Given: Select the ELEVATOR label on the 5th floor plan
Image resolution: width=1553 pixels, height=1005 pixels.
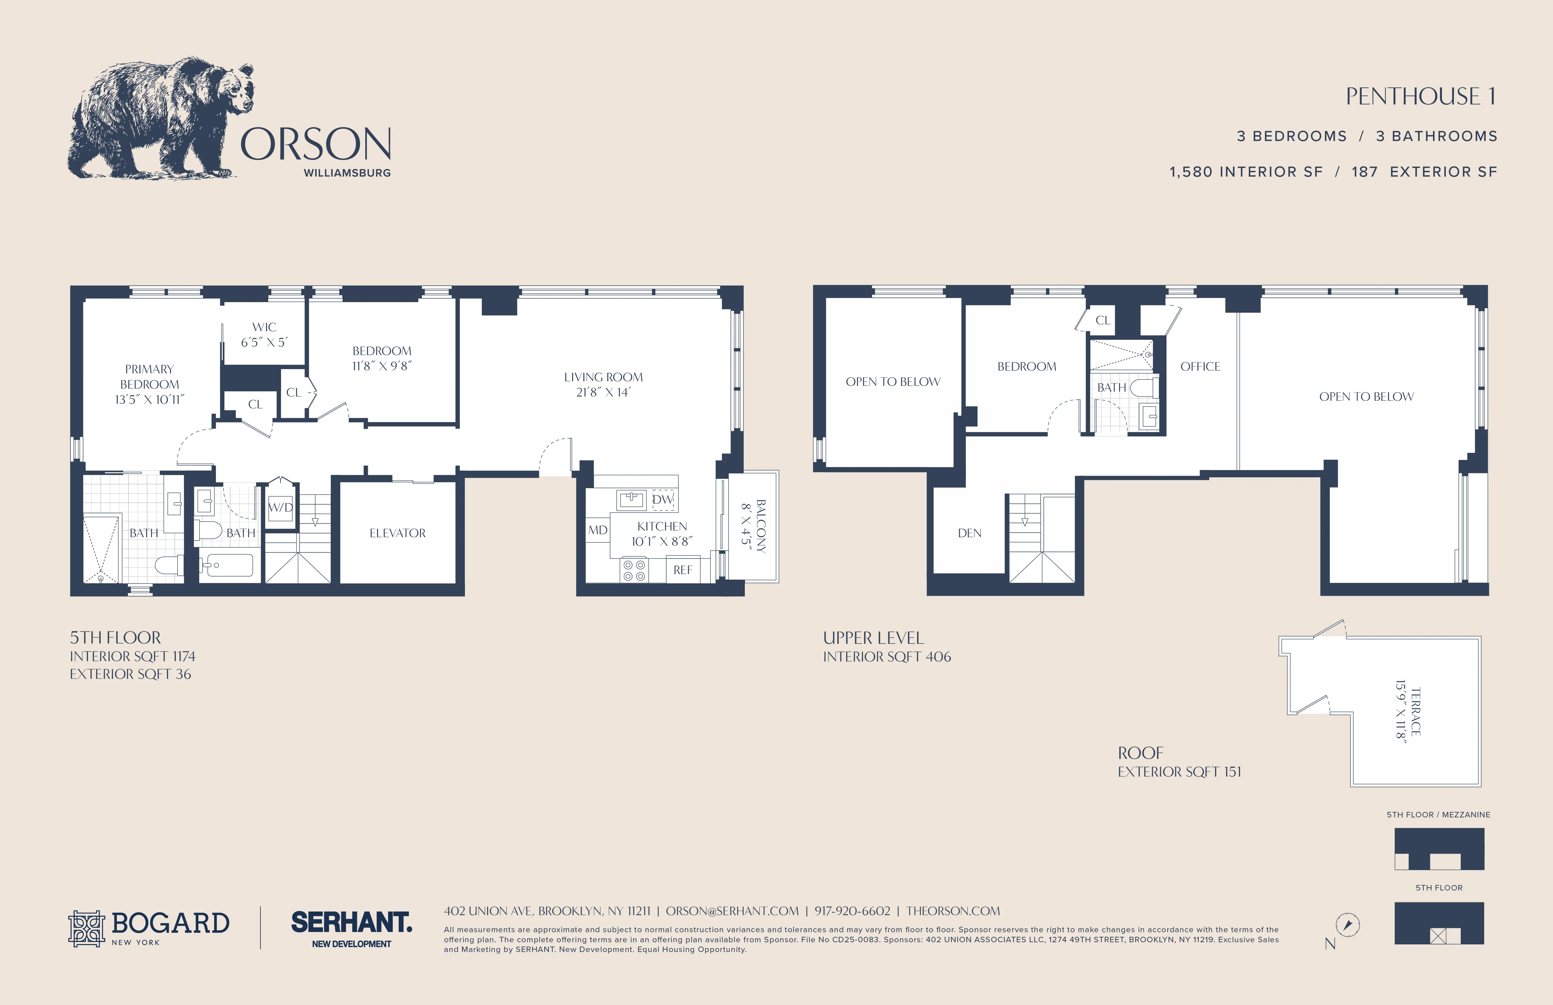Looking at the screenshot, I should coord(397,533).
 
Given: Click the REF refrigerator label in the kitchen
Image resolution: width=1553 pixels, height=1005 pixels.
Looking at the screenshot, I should coord(682,570).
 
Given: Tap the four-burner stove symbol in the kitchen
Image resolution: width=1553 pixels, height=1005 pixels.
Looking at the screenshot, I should coord(634,570).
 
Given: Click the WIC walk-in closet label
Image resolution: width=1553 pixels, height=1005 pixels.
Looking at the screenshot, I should coord(264,327).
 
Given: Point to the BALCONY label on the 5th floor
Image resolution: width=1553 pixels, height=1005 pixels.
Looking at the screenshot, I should coord(761,526).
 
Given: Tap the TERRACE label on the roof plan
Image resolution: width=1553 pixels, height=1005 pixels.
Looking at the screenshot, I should coord(1415,711).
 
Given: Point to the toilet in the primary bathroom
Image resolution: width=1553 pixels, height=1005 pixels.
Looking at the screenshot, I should coord(168,565).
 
